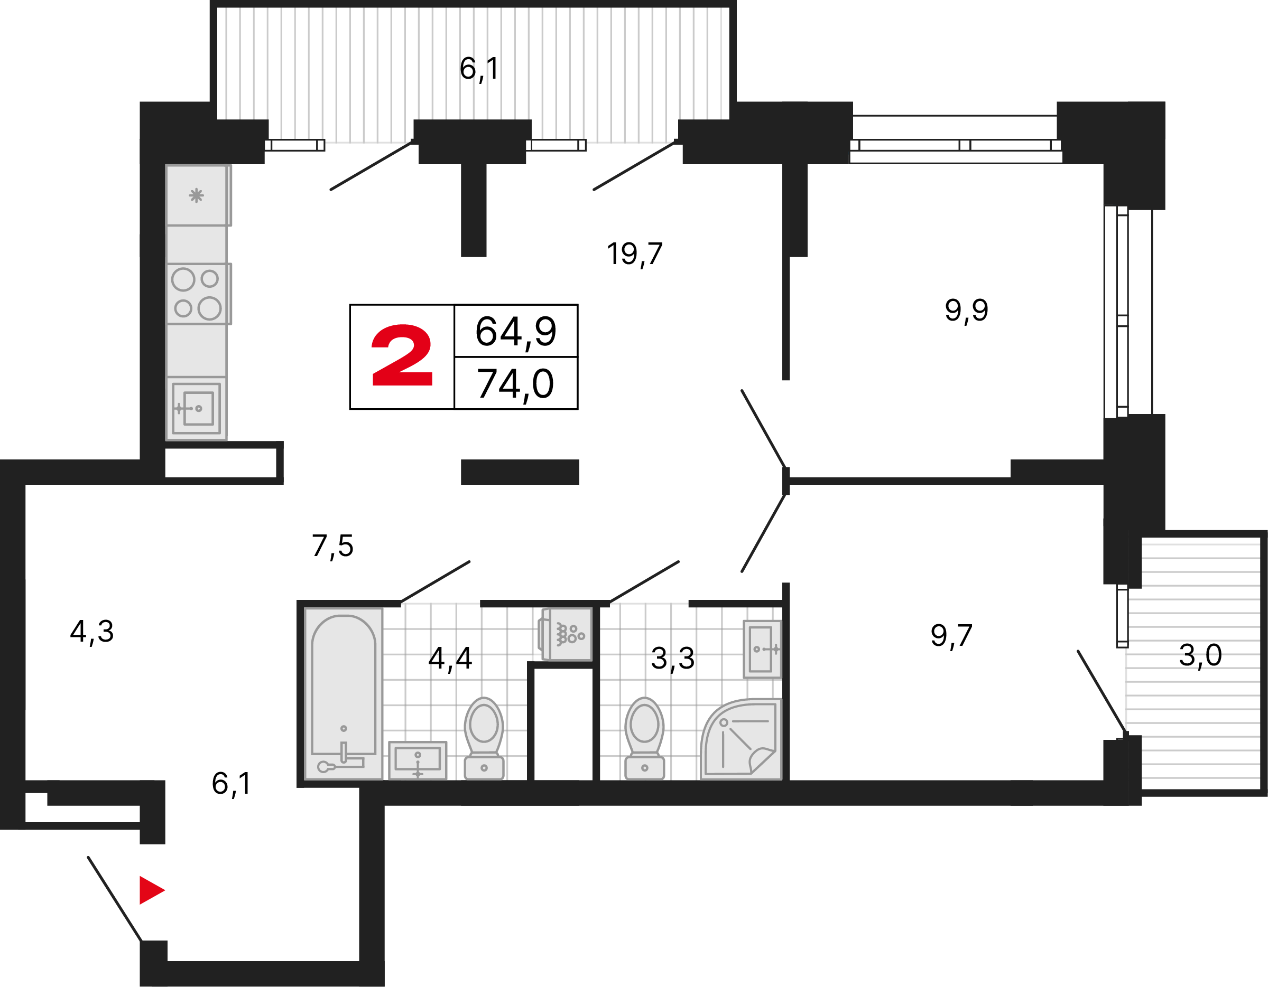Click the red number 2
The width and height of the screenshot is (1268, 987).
[402, 356]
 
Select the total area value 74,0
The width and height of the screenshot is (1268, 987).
[515, 384]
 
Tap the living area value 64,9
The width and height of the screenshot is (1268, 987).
[515, 332]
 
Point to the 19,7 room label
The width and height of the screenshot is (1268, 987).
[635, 254]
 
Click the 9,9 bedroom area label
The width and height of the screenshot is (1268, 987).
[966, 311]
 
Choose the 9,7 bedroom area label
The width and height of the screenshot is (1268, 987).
[951, 636]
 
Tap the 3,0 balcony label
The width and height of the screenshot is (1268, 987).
[1200, 656]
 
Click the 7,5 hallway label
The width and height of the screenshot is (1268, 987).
[332, 546]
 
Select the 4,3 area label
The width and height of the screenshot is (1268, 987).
[92, 631]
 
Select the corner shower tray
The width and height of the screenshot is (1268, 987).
[742, 739]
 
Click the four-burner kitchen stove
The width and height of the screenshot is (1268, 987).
[197, 294]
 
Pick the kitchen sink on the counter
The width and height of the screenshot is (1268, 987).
[196, 408]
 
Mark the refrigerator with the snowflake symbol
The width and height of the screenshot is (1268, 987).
[197, 195]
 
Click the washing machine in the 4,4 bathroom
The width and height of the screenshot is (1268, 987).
[567, 634]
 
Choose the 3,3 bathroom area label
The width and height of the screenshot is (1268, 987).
[672, 659]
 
